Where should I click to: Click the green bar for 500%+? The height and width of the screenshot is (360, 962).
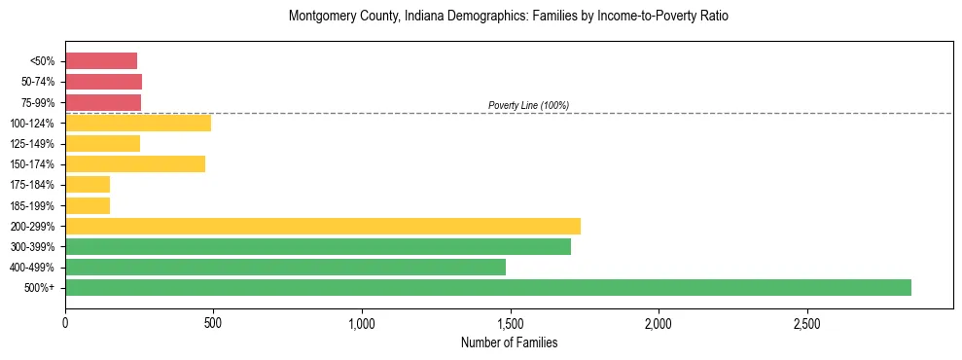point(488,287)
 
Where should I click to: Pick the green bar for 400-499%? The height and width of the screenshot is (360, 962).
point(285,267)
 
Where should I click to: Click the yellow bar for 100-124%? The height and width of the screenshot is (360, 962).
point(138,123)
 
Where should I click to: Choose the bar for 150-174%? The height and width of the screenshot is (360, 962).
point(135,163)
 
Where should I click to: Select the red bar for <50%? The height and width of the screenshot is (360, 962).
point(101,60)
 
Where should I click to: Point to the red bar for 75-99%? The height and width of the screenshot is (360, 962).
point(103,102)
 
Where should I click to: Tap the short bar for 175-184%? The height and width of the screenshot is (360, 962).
point(88,184)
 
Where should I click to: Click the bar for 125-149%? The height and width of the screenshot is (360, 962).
point(102,143)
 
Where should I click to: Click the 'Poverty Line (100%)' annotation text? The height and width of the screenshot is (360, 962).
point(528,105)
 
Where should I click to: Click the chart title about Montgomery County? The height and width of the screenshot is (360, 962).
point(508,17)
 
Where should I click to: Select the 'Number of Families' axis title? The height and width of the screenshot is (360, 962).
point(508,342)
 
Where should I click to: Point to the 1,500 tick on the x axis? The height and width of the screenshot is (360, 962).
point(510,322)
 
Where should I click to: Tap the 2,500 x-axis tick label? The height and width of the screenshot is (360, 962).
point(806,322)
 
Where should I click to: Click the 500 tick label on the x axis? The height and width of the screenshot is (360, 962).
point(213,322)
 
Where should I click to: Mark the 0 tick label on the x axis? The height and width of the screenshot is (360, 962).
point(65,322)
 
